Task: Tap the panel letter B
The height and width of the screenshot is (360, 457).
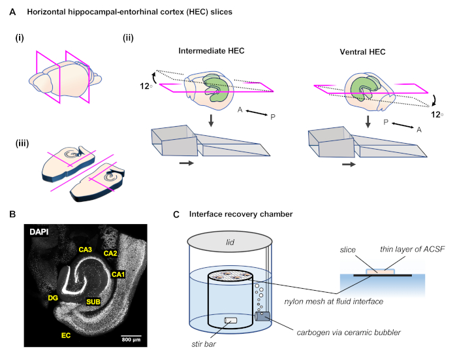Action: pyautogui.click(x=12, y=213)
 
